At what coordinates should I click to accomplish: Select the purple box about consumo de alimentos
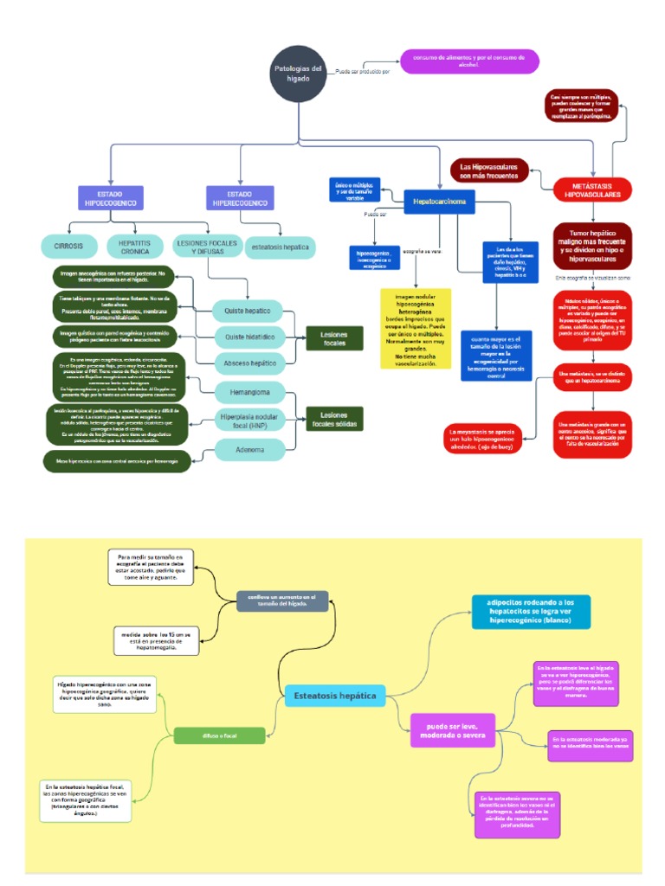[x=469, y=61]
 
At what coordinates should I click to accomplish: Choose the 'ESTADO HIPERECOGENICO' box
[x=239, y=197]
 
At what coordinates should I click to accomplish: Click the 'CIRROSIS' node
[x=68, y=246]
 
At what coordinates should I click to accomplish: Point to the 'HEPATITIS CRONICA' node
[x=135, y=246]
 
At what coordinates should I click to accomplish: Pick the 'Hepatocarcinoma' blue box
[x=440, y=202]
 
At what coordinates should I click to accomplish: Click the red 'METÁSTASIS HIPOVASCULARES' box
[x=593, y=190]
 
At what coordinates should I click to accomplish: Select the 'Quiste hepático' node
[x=248, y=310]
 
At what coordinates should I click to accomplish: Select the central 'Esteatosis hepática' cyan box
[x=335, y=695]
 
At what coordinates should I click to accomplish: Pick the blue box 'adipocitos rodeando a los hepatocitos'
[x=531, y=612]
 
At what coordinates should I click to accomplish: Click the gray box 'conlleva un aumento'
[x=282, y=600]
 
